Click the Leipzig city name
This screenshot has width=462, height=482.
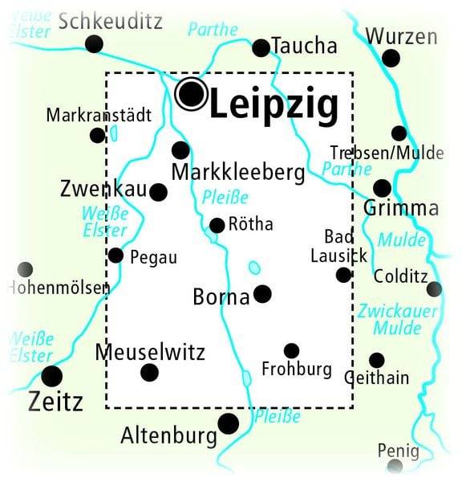click(x=274, y=104)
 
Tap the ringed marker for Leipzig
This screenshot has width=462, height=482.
click(x=191, y=94)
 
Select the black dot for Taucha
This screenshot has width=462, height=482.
click(x=261, y=48)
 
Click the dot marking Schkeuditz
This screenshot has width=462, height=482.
click(x=95, y=44)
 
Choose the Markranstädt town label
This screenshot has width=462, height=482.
click(x=99, y=115)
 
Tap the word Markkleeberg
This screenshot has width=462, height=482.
click(x=238, y=172)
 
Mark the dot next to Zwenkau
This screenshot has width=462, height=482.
click(x=159, y=192)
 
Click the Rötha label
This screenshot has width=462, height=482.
click(x=251, y=225)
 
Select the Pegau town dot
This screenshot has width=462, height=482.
click(x=115, y=255)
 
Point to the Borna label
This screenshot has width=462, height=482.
click(x=221, y=297)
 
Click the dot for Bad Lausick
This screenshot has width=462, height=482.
click(x=343, y=275)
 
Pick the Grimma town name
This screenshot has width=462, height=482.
click(x=401, y=210)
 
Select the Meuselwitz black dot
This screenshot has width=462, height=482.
click(x=149, y=372)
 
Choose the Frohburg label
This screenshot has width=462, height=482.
click(x=297, y=370)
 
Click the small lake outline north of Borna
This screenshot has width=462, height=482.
click(x=254, y=268)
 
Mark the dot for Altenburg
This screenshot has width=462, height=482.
click(x=229, y=423)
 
